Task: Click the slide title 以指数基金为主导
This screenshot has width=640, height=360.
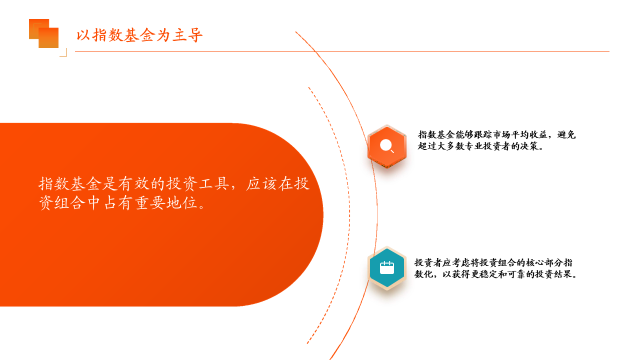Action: tap(139, 35)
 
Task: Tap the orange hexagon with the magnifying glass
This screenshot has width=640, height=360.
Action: tap(387, 146)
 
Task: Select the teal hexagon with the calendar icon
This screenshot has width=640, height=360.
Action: tap(387, 268)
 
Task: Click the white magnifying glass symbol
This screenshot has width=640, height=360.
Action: tap(387, 145)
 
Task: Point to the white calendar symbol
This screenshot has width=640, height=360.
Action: tap(387, 267)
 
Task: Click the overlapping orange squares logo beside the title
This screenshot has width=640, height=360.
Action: tap(43, 33)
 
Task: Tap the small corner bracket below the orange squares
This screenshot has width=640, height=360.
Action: tap(63, 52)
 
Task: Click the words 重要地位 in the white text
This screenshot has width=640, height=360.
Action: tap(166, 203)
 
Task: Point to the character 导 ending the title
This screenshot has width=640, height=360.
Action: tap(195, 35)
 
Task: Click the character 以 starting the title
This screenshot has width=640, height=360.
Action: tap(83, 35)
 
